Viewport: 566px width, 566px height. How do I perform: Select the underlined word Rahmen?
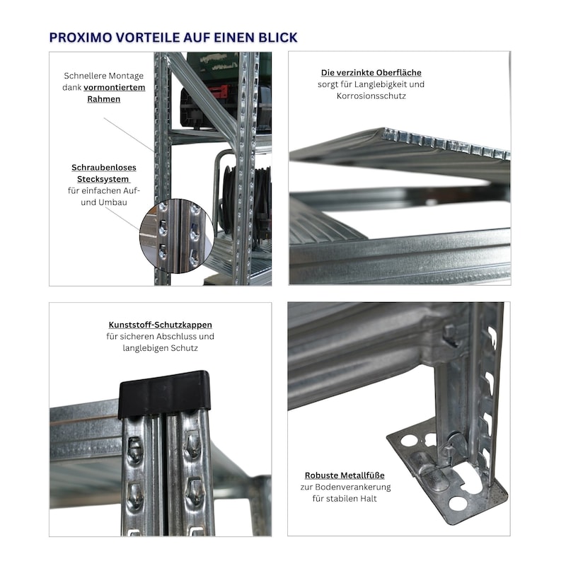pyautogui.click(x=103, y=99)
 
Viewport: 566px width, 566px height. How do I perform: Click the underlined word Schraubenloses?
pyautogui.click(x=104, y=168)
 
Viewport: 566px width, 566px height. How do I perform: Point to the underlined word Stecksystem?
pyautogui.click(x=103, y=179)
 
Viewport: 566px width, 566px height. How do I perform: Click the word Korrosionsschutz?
pyautogui.click(x=371, y=96)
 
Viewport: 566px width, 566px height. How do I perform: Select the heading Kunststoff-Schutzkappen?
pyautogui.click(x=161, y=325)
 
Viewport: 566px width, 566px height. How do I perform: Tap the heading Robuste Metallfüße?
pyautogui.click(x=345, y=475)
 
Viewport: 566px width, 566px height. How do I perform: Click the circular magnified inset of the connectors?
pyautogui.click(x=176, y=236)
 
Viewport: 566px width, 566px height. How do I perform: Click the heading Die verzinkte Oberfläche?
pyautogui.click(x=371, y=73)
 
